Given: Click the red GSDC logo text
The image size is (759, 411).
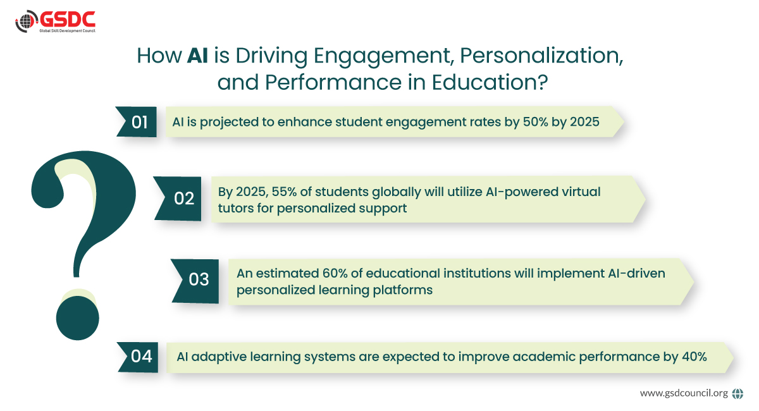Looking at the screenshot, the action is pos(68,20).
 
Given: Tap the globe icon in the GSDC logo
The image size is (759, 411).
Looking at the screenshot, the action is pos(27,21).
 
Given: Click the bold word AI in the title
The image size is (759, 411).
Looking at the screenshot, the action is pos(197,55).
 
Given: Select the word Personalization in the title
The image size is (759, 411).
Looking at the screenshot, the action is pos(541,55).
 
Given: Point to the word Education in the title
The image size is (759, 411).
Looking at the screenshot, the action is pos(490,82).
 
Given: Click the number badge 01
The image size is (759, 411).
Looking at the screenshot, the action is pos(136,122).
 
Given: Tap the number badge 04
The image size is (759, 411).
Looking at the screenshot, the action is pos(138,357).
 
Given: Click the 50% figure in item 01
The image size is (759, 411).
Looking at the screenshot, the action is pos(535,121).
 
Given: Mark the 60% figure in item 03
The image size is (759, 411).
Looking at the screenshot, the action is pos(335,273).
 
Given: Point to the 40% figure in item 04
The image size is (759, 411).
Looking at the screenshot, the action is pos(694,357).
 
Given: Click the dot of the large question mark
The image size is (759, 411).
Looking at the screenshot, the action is pos(78,318).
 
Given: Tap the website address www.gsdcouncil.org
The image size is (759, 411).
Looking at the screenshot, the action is pos(684,393).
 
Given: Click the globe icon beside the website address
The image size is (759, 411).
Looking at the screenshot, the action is pos(737,394).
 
